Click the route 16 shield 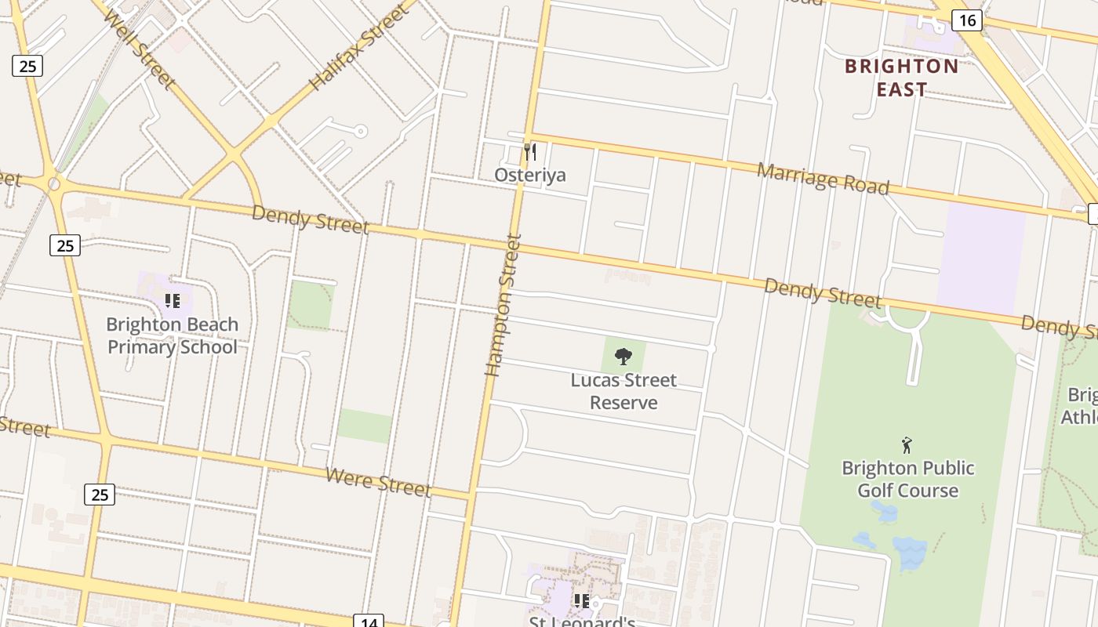click(x=967, y=20)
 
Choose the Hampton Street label click(x=503, y=305)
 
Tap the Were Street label click(x=378, y=481)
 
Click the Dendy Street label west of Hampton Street click(x=310, y=219)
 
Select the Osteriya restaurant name click(x=530, y=175)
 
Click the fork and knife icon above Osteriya click(x=530, y=151)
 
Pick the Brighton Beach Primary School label click(x=173, y=335)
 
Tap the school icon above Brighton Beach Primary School click(x=173, y=301)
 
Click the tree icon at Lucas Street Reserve click(x=624, y=357)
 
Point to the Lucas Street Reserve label click(x=624, y=391)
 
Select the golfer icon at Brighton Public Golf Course click(x=907, y=445)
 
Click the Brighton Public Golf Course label click(x=907, y=479)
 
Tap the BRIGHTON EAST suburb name click(x=901, y=78)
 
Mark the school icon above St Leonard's click(x=581, y=601)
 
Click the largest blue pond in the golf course click(x=910, y=552)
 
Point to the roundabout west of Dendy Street click(x=53, y=184)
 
